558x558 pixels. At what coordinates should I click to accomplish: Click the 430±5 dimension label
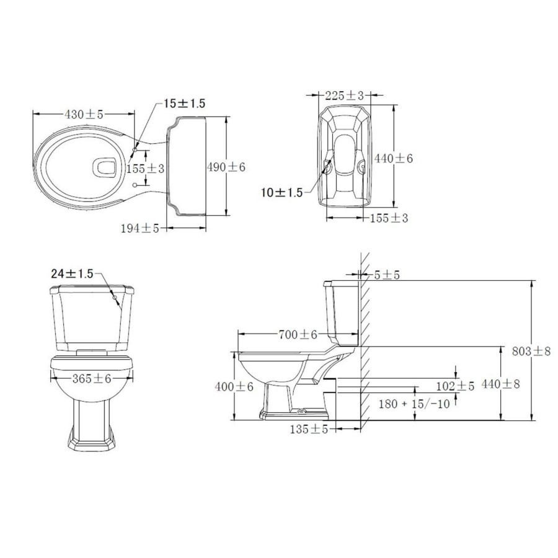84,114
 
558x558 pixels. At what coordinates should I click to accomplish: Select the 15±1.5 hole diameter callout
184,104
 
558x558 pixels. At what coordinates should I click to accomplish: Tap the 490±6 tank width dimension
226,167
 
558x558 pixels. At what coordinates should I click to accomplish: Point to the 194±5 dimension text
140,229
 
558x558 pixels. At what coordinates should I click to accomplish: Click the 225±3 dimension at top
344,95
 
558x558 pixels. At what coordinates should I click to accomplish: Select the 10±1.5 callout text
281,193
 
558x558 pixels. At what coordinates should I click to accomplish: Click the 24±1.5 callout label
72,273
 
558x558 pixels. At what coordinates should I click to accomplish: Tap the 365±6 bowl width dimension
91,379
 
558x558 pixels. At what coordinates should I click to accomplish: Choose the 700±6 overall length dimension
298,334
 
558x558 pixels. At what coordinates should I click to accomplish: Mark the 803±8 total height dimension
531,351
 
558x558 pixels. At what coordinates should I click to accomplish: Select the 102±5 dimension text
455,386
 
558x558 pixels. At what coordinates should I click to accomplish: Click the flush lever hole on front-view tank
117,298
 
